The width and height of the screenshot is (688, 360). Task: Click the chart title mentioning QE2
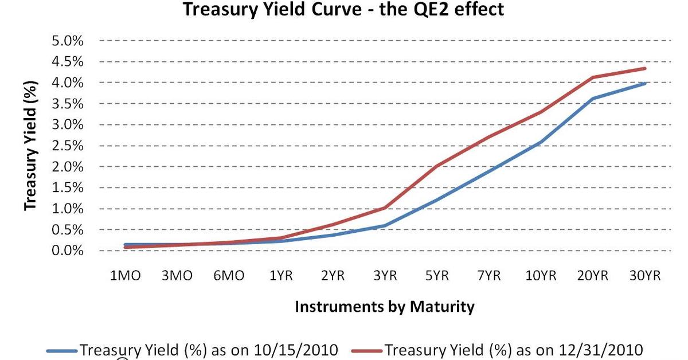343,9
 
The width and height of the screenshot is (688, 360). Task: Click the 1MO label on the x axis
126,276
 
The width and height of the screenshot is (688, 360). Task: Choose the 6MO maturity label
229,276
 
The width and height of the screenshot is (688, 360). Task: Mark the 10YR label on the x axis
541,276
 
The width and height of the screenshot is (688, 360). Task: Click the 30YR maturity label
645,276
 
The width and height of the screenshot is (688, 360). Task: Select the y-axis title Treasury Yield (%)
32,146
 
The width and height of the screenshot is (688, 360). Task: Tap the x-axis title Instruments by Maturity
385,307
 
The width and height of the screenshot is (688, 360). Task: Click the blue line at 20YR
593,99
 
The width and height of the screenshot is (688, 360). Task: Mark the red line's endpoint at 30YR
645,68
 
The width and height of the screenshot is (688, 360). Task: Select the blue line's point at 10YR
541,142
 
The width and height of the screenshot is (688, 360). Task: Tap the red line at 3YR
385,208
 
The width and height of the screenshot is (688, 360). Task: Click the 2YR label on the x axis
333,276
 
